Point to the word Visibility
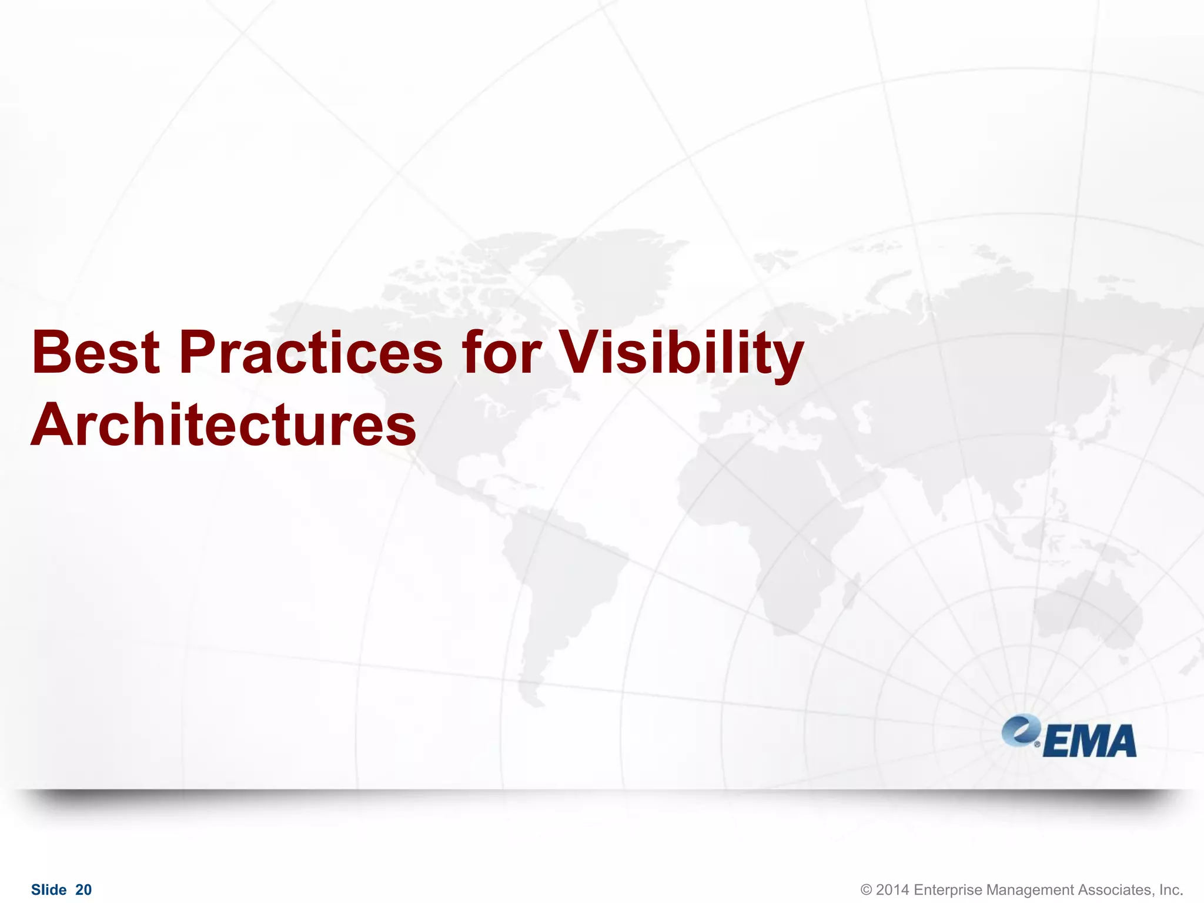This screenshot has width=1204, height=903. click(680, 353)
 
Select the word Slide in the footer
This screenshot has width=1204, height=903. click(48, 890)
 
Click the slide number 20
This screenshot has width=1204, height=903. click(83, 890)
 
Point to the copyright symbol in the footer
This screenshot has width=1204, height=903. click(866, 890)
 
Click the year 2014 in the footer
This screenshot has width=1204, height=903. click(892, 890)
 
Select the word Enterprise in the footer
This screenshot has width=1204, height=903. click(948, 890)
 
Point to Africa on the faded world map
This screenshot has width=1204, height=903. click(764, 517)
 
